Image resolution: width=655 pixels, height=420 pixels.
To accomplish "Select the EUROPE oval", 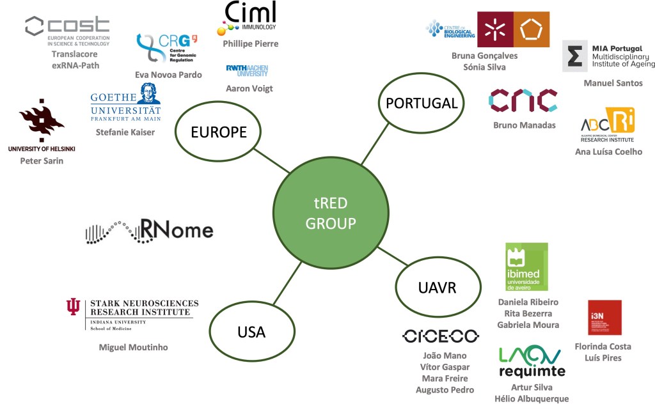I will click(219, 133).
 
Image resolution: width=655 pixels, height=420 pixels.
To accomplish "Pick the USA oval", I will click(251, 332).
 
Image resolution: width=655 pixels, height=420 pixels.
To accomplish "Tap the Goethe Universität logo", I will click(125, 103).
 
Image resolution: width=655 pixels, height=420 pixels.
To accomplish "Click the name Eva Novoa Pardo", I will click(168, 75).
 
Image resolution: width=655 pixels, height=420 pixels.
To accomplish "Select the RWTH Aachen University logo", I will click(247, 70).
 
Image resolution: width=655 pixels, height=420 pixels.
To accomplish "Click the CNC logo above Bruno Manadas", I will click(523, 100).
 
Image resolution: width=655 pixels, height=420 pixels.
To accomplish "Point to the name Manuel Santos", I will click(613, 83).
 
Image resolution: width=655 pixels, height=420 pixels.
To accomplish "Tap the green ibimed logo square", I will click(526, 267).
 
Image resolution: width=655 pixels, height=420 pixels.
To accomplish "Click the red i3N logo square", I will click(604, 317).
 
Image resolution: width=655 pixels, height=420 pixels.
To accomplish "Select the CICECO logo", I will click(441, 336).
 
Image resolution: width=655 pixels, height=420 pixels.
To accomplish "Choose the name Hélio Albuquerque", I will click(532, 399).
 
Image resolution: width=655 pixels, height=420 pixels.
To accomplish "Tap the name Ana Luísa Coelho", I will click(608, 152).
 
